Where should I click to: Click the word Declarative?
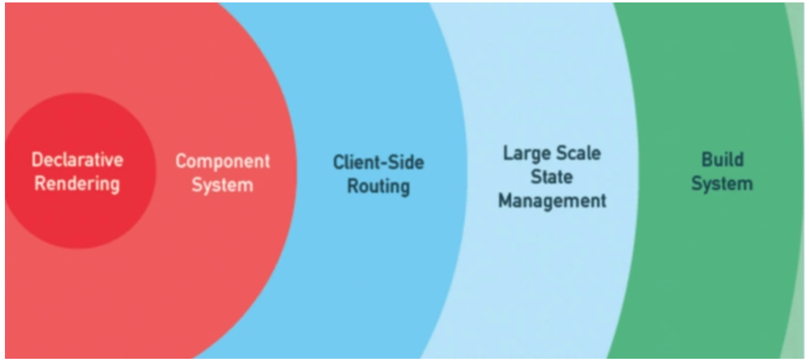point(77,160)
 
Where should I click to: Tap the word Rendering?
point(77,183)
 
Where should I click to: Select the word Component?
point(223,162)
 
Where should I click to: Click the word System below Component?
point(222,184)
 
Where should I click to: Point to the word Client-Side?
point(378,162)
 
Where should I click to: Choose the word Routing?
point(378,185)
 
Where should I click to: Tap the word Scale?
point(579,153)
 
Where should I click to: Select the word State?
point(552,177)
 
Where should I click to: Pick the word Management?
point(552,200)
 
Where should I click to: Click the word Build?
point(722,160)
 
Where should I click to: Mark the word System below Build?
point(722,183)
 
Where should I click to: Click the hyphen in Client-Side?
point(381,164)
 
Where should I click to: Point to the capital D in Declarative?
point(37,160)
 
